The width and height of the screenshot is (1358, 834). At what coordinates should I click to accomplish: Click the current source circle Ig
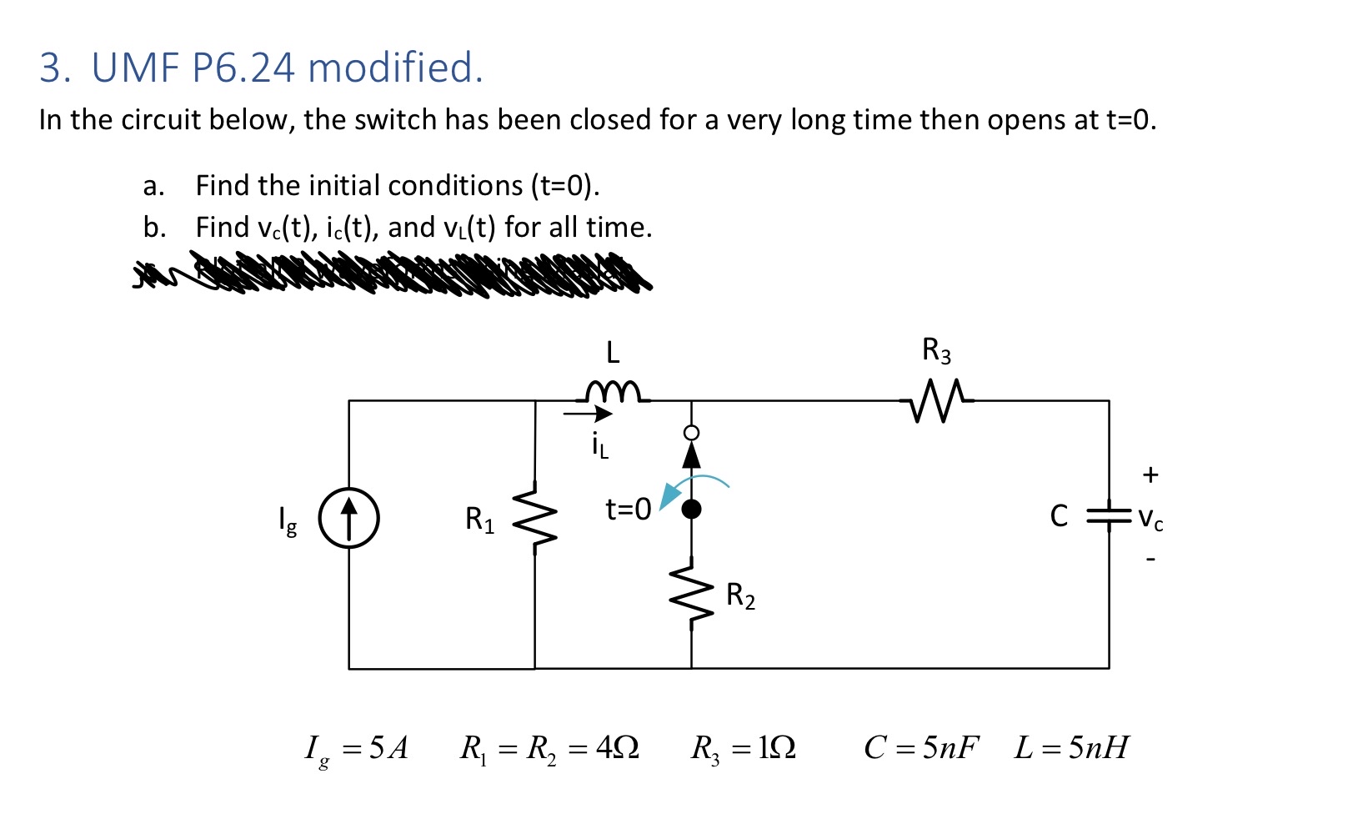pos(349,518)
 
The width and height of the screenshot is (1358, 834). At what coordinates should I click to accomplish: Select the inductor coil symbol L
pos(613,390)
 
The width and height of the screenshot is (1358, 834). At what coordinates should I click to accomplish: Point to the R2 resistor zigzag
pos(691,594)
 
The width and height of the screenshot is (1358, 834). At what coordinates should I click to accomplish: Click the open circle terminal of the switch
pos(691,433)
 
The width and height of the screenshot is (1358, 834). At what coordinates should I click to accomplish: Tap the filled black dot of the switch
pos(691,509)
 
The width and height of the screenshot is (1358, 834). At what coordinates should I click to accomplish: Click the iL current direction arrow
pos(588,413)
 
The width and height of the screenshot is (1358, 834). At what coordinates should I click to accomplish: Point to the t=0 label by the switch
pos(628,509)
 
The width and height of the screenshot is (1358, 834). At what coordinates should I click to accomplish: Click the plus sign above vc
pos(1150,475)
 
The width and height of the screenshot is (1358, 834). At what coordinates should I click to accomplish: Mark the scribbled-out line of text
pos(392,275)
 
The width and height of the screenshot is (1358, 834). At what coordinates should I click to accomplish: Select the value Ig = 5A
pos(357,748)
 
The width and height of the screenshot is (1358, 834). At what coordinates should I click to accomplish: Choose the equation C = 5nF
pos(921,747)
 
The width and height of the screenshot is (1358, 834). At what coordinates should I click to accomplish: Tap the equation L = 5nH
pos(1071,747)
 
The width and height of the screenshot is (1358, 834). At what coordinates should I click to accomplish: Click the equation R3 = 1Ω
pos(743,748)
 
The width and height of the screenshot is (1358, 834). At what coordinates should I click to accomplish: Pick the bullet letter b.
pos(153,227)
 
